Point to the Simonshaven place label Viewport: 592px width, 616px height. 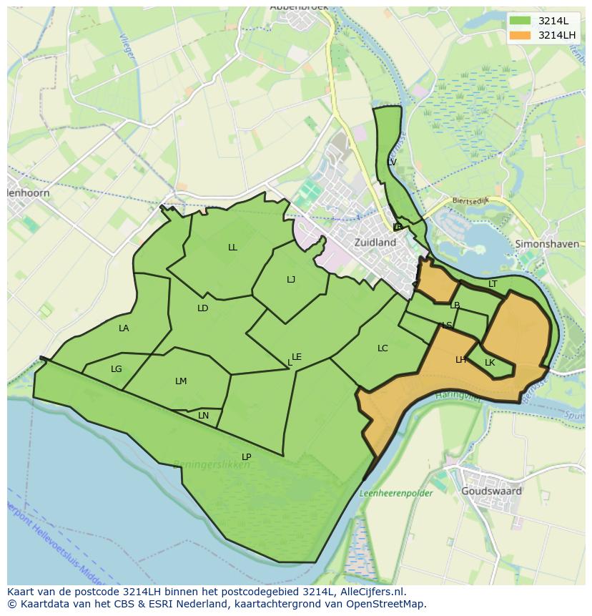pos(546,244)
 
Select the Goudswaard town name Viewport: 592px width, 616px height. pos(491,492)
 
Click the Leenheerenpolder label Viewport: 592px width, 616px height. pos(395,493)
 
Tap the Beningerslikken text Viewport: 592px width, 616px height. pos(212,464)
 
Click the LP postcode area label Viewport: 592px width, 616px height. pos(246,456)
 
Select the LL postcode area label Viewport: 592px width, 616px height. pos(232,248)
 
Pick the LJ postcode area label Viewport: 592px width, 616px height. pos(291,280)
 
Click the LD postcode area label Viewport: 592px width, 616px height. pos(202,308)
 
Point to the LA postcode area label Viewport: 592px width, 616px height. pos(124,328)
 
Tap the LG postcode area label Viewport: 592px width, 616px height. pos(117,369)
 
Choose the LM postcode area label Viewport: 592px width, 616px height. pos(181,381)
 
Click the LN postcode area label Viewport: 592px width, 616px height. pos(204,416)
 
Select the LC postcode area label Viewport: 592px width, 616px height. pos(383,348)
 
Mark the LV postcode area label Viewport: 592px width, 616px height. pos(391,162)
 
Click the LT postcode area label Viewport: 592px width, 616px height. pos(493,284)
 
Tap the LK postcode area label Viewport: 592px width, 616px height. pos(490,363)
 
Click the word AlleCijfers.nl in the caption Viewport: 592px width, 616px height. pos(371,592)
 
